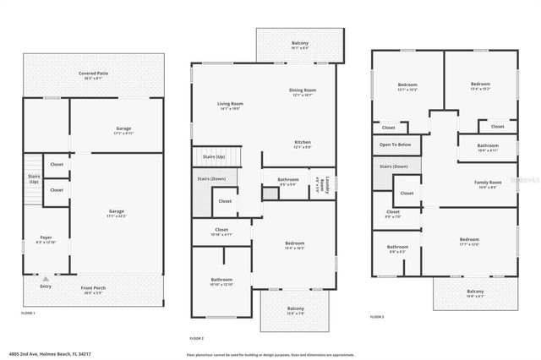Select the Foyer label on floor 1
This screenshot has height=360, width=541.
point(46,239)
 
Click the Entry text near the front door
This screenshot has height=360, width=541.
point(46,286)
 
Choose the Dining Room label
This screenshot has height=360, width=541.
point(303,90)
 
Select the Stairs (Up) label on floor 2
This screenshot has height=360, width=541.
point(214,157)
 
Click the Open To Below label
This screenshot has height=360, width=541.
point(395,145)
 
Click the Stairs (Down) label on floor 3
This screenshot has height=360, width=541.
point(395,167)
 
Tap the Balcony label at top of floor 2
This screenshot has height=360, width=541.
point(300,44)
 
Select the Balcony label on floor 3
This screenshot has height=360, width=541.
point(475,293)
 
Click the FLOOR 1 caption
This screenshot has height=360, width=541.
point(31,313)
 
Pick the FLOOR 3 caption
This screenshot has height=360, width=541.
point(377,317)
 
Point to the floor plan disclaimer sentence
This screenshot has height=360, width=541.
point(270,354)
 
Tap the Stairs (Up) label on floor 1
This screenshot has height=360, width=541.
point(34,180)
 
